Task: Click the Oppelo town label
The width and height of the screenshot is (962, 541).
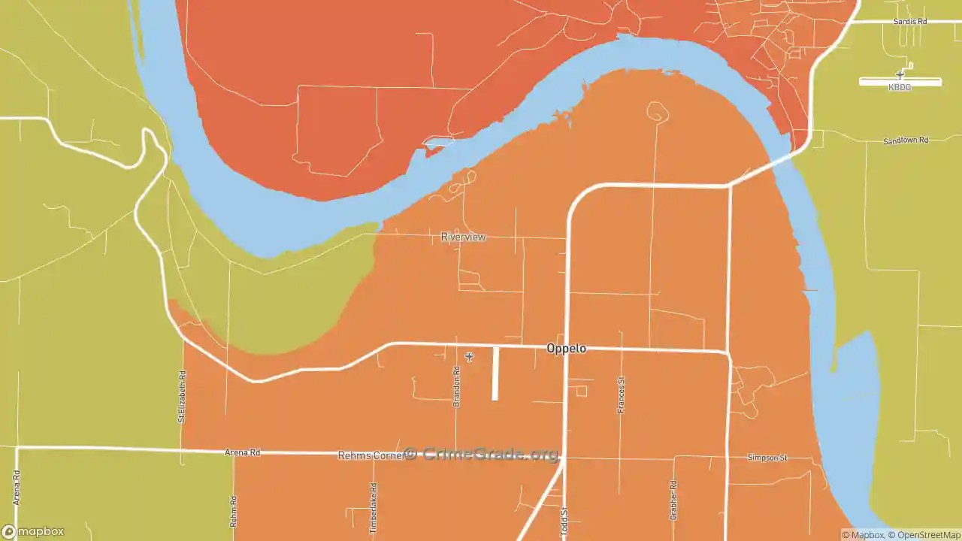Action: coord(566,349)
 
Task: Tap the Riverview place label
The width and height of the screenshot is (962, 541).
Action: coord(463,237)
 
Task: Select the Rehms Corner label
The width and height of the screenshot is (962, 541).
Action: coord(371,455)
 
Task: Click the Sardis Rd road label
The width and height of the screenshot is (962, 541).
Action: coord(910,22)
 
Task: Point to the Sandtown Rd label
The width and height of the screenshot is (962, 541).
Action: coord(906,141)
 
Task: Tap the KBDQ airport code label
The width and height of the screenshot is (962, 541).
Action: coord(900,88)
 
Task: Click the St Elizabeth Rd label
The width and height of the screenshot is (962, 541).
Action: coord(181,397)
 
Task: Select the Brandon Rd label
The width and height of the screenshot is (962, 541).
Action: coord(456,386)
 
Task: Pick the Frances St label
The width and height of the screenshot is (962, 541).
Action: coord(621,394)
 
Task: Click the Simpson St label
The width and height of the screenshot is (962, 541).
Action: coord(767,457)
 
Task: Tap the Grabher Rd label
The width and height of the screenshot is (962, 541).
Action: coord(673,500)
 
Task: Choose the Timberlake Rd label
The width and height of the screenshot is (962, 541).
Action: coord(374,508)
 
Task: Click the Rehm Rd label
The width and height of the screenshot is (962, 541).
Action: coord(234,511)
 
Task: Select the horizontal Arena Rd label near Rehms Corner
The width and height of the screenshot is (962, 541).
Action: coord(242,452)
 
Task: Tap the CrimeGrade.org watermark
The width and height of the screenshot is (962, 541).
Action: coord(481,454)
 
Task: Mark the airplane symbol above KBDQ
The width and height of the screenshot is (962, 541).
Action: coord(900,74)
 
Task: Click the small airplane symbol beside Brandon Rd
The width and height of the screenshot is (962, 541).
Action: coord(469,357)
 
